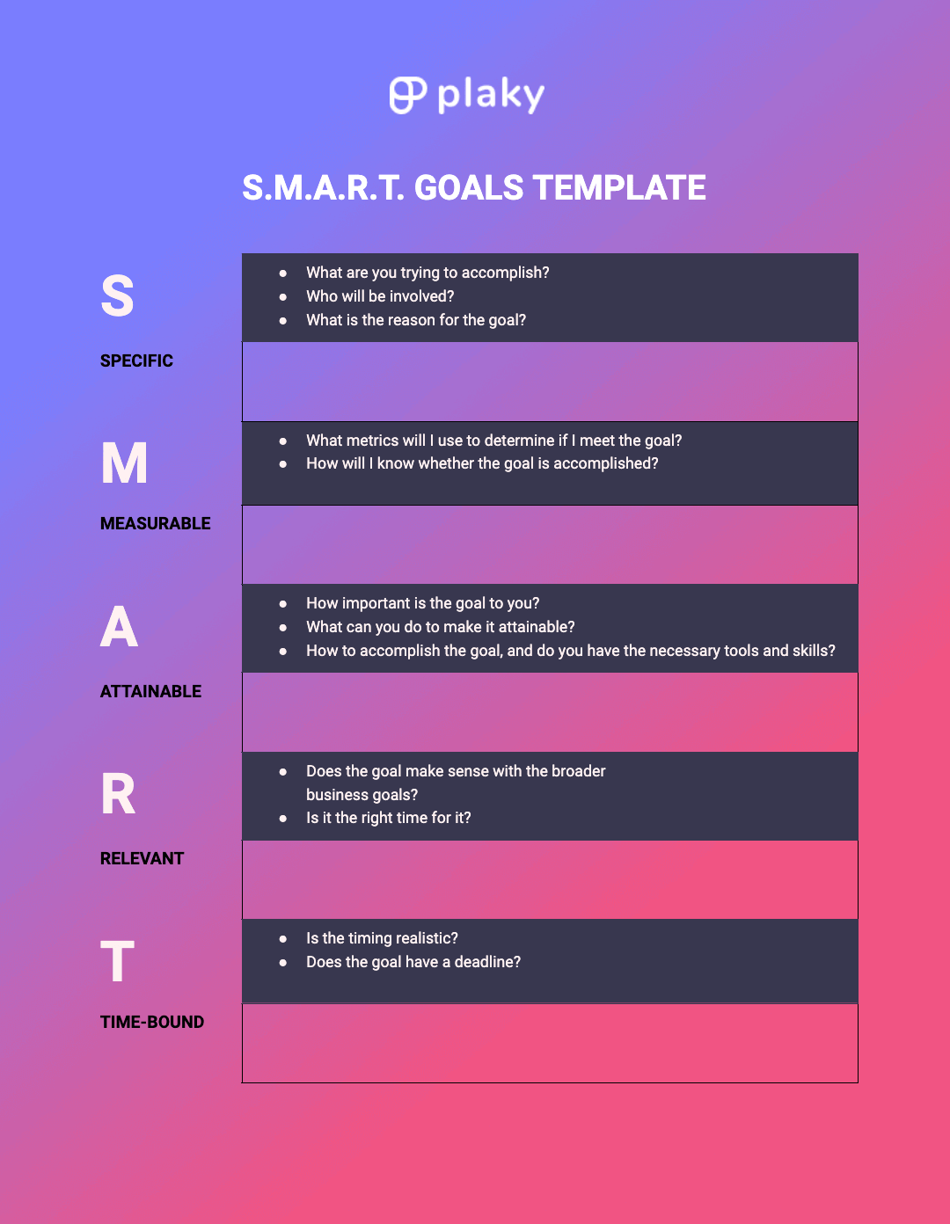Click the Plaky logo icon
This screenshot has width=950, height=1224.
[407, 95]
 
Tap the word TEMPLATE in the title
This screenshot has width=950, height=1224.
[619, 188]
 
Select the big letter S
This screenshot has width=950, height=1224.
[117, 296]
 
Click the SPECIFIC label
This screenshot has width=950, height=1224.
[136, 361]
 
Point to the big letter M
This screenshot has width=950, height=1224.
[124, 463]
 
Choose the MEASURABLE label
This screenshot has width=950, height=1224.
[156, 523]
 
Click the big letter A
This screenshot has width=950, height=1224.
[119, 627]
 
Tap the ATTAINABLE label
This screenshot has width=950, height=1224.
[150, 691]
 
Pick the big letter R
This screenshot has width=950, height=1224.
[118, 794]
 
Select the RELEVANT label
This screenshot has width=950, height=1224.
[142, 858]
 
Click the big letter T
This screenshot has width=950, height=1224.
[117, 961]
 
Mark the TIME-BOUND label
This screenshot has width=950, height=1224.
[152, 1022]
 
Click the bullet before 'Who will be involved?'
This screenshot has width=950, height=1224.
[283, 297]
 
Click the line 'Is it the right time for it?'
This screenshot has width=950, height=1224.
[388, 818]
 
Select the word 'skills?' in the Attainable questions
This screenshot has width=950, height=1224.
[815, 651]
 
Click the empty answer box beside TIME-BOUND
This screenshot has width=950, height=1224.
[550, 1043]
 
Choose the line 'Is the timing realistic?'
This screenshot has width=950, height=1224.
[382, 938]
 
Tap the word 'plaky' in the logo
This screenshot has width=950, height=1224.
[491, 95]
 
